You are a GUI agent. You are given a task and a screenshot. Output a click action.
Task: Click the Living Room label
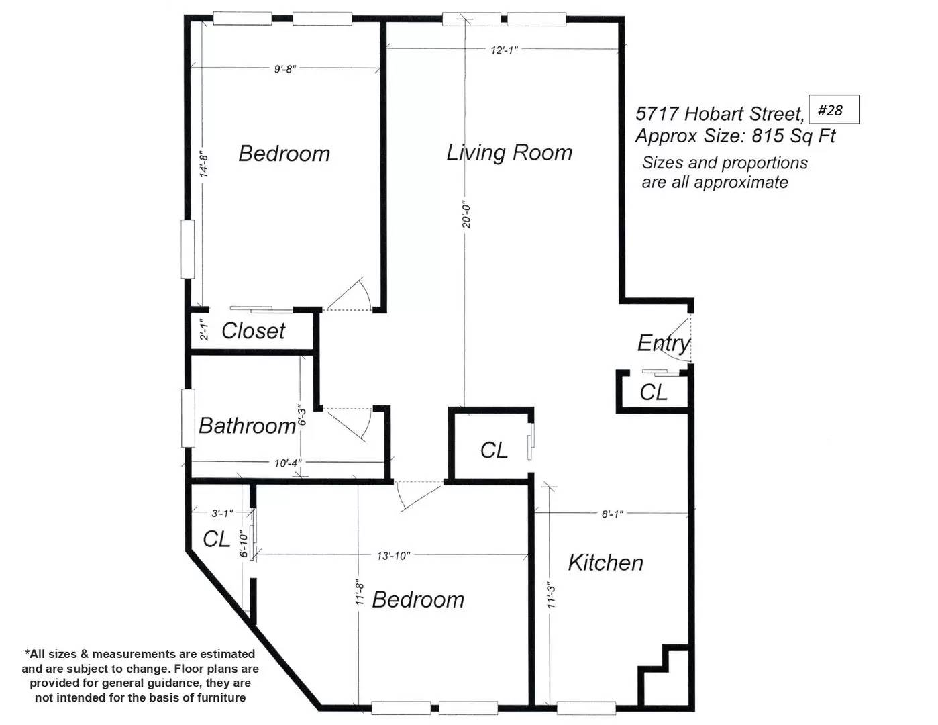pyautogui.click(x=509, y=153)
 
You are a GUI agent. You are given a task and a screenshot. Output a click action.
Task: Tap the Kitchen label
pyautogui.click(x=605, y=563)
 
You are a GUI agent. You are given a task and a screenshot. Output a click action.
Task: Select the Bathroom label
pyautogui.click(x=247, y=426)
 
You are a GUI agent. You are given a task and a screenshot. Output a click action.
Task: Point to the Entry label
pyautogui.click(x=664, y=344)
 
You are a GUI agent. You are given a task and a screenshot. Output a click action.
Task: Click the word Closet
pyautogui.click(x=253, y=331)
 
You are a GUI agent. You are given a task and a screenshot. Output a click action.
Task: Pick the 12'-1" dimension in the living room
pyautogui.click(x=504, y=50)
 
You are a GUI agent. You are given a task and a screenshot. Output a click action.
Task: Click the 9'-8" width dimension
pyautogui.click(x=285, y=69)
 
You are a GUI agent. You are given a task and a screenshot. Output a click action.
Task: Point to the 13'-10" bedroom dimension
pyautogui.click(x=393, y=556)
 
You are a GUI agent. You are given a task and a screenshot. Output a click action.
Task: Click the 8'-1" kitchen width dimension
pyautogui.click(x=613, y=514)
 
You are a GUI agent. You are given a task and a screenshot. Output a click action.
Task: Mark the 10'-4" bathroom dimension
pyautogui.click(x=287, y=463)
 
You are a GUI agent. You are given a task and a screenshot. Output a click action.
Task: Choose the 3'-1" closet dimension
pyautogui.click(x=222, y=513)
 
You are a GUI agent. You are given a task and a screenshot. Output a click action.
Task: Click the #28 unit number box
pyautogui.click(x=833, y=109)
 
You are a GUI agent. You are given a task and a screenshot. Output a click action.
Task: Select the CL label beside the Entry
pyautogui.click(x=653, y=392)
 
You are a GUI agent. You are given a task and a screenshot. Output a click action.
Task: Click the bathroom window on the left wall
pyautogui.click(x=188, y=418)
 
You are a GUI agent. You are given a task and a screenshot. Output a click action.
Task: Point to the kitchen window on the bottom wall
pyautogui.click(x=586, y=708)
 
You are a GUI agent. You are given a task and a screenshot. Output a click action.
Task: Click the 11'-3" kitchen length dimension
pyautogui.click(x=552, y=597)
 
